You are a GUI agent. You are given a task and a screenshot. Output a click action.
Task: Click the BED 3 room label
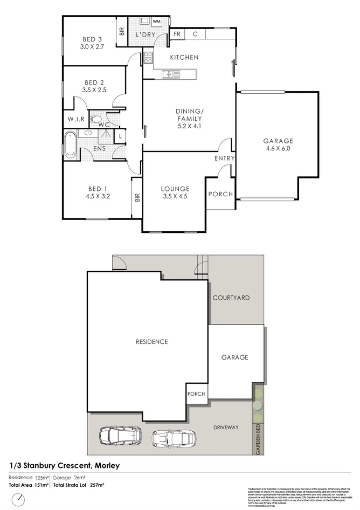click(92, 39)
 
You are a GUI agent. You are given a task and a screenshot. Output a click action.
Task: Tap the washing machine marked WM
click(157, 21)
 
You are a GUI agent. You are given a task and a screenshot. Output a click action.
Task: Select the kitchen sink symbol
click(168, 74)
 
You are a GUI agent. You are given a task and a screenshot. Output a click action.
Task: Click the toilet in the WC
click(97, 119)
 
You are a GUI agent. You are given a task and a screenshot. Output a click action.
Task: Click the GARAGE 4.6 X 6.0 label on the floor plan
click(278, 144)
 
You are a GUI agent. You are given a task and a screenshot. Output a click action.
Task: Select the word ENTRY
click(224, 158)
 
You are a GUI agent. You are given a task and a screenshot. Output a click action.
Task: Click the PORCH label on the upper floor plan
click(220, 194)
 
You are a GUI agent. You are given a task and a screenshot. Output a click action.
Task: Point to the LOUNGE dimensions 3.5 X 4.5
click(175, 196)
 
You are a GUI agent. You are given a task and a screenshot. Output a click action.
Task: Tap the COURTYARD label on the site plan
click(231, 298)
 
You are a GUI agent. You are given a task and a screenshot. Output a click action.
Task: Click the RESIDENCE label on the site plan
click(151, 342)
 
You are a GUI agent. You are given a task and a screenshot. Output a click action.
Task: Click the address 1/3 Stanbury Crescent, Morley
click(64, 465)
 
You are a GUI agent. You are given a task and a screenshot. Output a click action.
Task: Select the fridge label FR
click(177, 34)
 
